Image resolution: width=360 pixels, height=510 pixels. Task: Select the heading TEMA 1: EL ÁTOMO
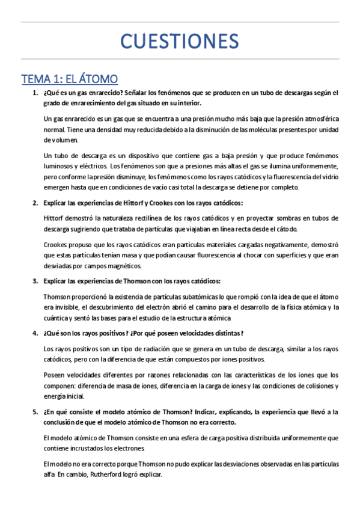pos(69,78)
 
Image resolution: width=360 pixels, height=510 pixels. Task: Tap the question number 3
pos(35,281)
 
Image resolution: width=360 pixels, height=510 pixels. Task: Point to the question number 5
pos(35,412)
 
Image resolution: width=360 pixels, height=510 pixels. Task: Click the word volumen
pos(61,140)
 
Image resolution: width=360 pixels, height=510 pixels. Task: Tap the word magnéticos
pos(124,266)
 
